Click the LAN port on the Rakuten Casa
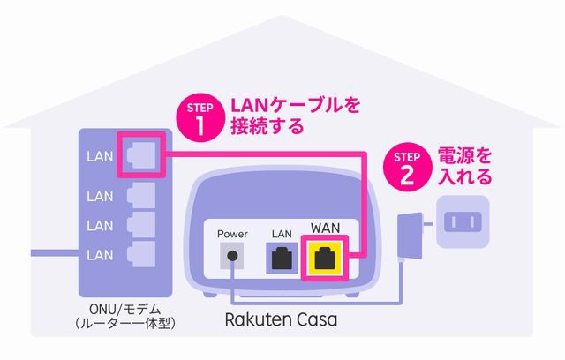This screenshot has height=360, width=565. point(282,259)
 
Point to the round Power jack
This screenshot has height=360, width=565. point(232,258)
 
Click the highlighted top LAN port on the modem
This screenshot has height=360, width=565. point(141,154)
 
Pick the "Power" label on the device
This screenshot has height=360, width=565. point(233,234)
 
